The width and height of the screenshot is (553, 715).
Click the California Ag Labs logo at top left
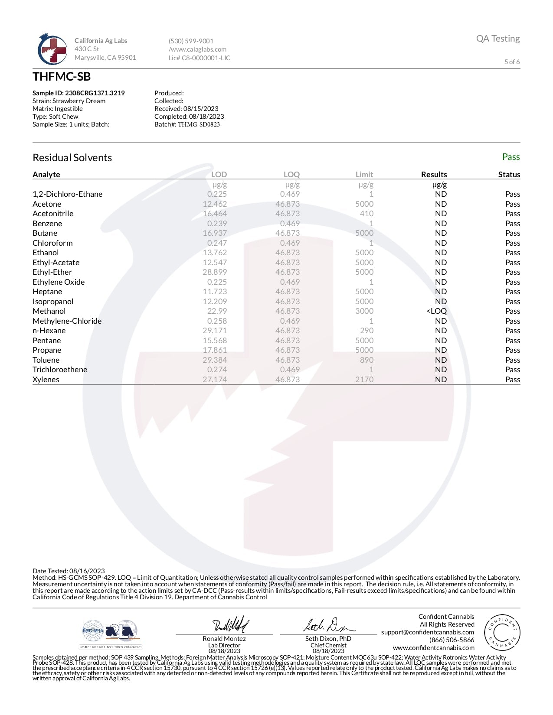coord(52,49)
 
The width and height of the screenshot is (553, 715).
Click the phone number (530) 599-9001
coord(191,41)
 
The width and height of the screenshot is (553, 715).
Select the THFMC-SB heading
coord(62,77)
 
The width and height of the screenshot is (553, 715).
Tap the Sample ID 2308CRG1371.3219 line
coord(79,93)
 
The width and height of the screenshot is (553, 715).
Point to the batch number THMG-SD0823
coord(199,124)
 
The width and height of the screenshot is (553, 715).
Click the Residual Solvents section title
coord(72,158)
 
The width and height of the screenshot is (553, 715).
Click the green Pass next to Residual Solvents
coord(510,157)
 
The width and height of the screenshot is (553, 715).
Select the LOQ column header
coord(291,174)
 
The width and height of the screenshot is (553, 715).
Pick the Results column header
coord(434,174)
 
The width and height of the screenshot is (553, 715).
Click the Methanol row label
coord(49,311)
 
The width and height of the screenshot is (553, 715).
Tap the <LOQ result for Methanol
coord(436,311)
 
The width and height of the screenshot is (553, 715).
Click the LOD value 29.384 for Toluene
coord(215,360)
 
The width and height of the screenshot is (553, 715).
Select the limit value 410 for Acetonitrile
coord(366,214)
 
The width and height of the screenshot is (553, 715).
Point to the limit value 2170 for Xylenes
coord(364,380)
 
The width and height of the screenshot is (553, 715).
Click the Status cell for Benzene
coord(512,224)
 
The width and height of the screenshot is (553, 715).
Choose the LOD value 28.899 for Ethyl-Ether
coord(215,272)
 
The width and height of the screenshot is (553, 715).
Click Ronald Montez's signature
coord(230,625)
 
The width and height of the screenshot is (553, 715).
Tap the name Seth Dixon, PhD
coord(328,639)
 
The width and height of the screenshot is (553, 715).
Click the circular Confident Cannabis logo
coord(502,632)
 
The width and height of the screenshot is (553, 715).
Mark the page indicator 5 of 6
coord(512,62)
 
